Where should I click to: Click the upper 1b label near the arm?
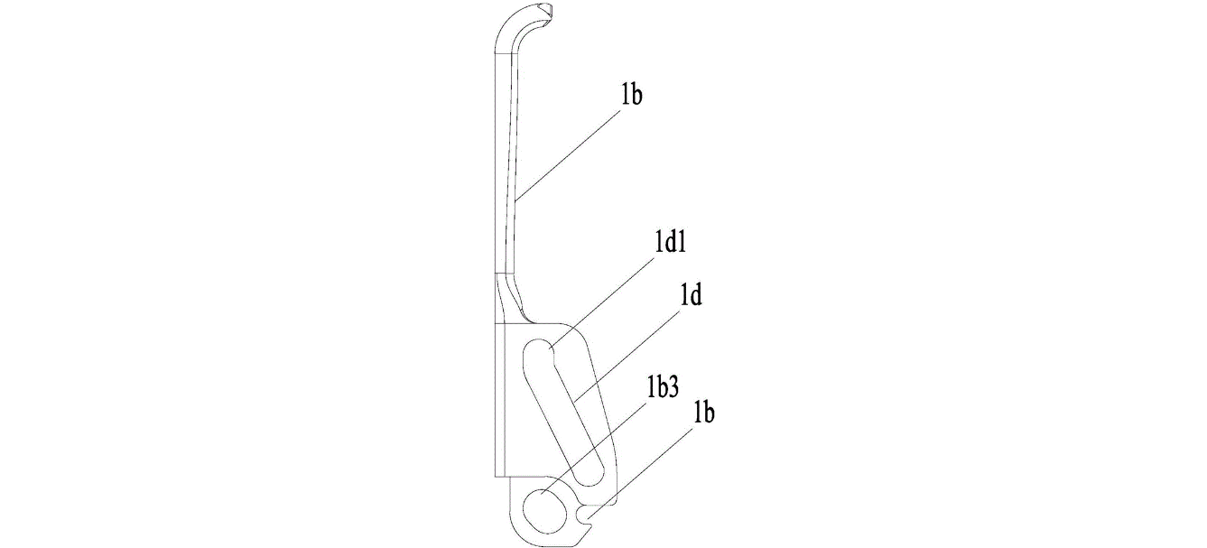click(x=631, y=95)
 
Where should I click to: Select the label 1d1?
click(x=670, y=244)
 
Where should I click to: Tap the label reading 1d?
click(x=691, y=295)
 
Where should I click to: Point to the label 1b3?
click(x=663, y=388)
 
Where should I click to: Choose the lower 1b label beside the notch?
click(x=704, y=413)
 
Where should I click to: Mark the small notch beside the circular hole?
click(x=583, y=516)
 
